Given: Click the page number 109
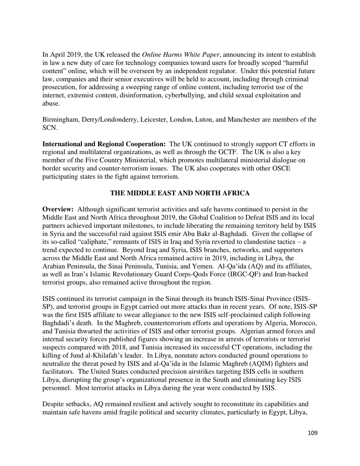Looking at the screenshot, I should [x=312, y=433].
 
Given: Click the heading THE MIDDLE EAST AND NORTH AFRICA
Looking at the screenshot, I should [x=180, y=193].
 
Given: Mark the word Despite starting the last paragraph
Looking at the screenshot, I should [x=53, y=404].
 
